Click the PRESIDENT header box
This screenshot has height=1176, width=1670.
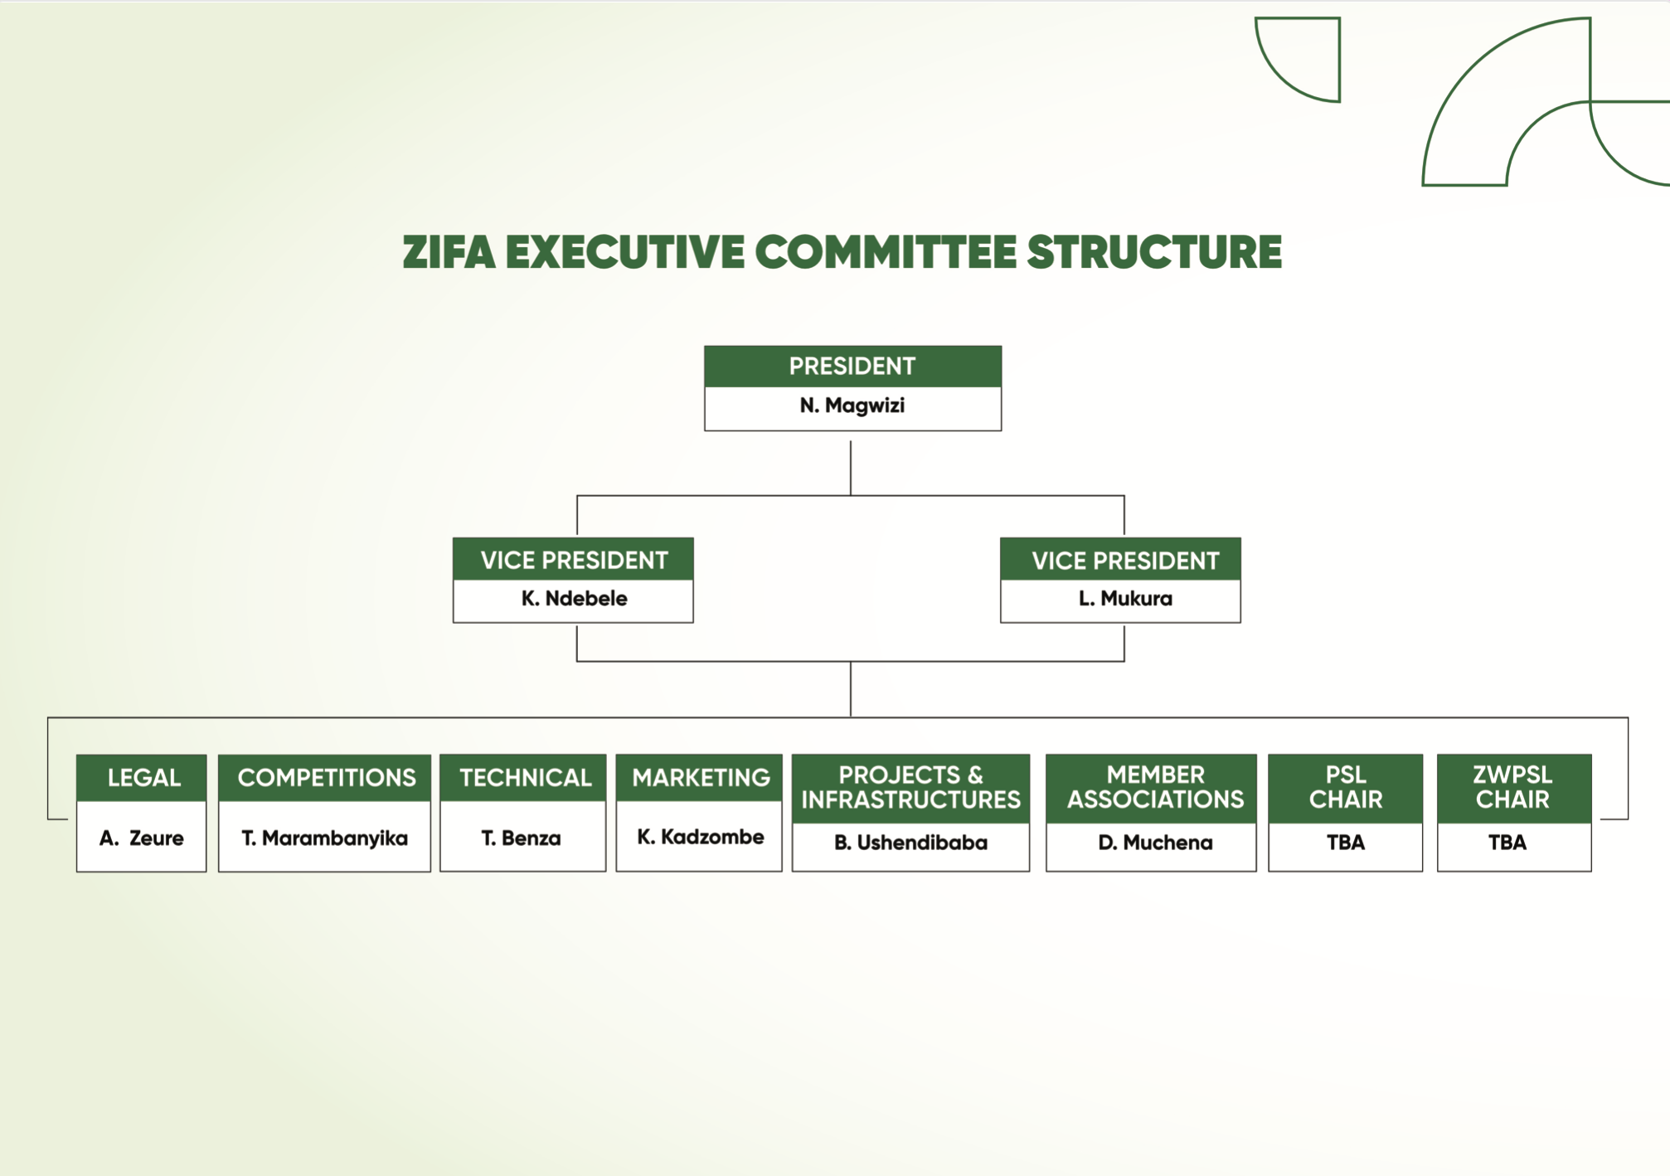[852, 367]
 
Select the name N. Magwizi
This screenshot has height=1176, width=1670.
[852, 406]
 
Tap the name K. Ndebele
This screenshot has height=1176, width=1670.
[574, 599]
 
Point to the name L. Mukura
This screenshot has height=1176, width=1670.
[1125, 599]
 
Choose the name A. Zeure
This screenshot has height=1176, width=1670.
[142, 838]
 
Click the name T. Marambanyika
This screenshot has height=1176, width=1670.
[325, 838]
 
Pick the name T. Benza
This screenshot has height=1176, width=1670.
[522, 838]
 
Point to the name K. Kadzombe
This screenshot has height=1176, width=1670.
[701, 838]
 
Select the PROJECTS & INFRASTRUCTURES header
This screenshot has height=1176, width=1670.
[910, 788]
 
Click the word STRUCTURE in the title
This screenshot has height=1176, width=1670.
[1154, 252]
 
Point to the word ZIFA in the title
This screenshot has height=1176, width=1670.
[449, 252]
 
